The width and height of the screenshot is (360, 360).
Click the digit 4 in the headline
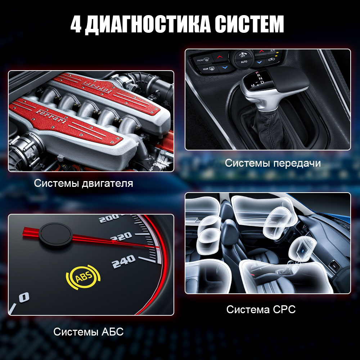[x=76, y=24]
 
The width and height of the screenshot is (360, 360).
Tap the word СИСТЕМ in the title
[x=249, y=24]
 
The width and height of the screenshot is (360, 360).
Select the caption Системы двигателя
[x=84, y=184]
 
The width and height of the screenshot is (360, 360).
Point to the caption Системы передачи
[x=273, y=163]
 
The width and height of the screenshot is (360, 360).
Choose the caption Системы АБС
[x=89, y=332]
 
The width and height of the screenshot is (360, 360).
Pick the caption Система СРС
[x=261, y=310]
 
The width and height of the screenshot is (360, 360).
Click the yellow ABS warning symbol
[x=83, y=277]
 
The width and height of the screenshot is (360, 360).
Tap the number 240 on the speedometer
[x=123, y=261]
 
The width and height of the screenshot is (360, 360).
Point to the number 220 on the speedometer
[x=121, y=237]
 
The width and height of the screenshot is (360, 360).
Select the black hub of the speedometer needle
[x=56, y=234]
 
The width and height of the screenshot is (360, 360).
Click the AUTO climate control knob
[x=244, y=58]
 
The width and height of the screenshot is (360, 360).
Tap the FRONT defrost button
[x=203, y=60]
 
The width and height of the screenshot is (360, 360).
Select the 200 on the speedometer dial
[x=109, y=219]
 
